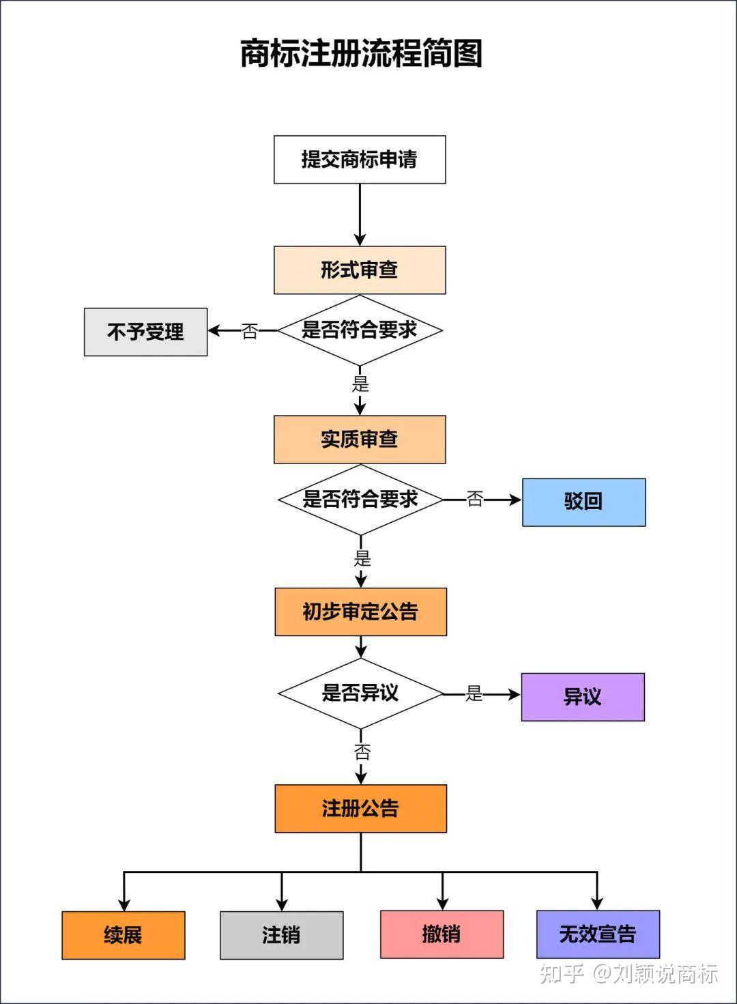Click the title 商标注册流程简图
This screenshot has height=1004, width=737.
(361, 53)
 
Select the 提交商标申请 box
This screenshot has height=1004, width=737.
(360, 160)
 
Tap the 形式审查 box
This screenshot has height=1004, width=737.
(360, 270)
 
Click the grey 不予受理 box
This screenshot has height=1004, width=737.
(145, 332)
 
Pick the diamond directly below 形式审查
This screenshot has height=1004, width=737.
(360, 330)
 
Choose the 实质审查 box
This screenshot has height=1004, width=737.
(360, 440)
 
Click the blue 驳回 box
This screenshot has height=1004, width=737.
(583, 502)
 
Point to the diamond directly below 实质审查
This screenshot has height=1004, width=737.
(360, 500)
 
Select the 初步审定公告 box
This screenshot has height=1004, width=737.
(360, 612)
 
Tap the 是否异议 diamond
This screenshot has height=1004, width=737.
(360, 693)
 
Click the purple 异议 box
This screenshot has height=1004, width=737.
(583, 697)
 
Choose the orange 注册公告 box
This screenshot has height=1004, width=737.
(360, 809)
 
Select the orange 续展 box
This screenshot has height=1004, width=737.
(124, 935)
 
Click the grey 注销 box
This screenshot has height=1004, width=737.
(281, 935)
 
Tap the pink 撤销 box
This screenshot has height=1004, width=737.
(442, 934)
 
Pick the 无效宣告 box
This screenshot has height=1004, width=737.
(598, 934)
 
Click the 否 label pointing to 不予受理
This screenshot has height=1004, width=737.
(250, 332)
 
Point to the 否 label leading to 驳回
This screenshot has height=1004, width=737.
(475, 500)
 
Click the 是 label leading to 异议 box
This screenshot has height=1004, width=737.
(474, 694)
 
